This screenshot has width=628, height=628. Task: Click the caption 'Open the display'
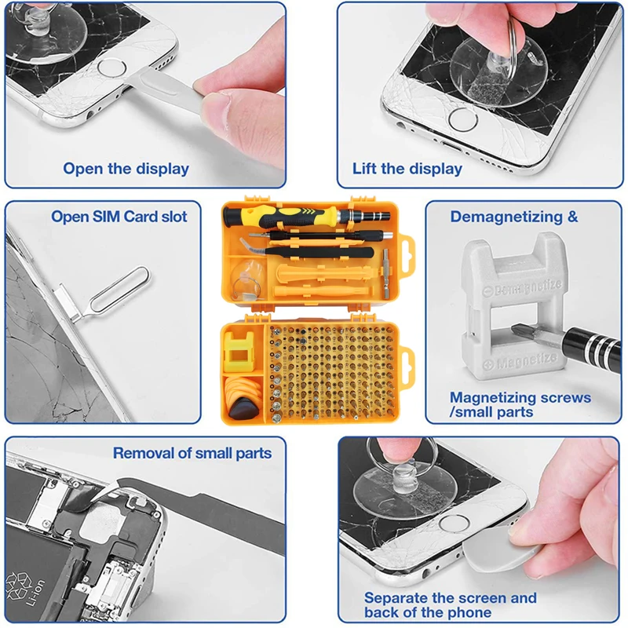pos(126,169)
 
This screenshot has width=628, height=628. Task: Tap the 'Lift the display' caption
pos(407,169)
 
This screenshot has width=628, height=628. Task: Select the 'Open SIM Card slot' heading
pos(119,217)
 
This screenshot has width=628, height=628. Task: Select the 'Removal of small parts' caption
pos(192,453)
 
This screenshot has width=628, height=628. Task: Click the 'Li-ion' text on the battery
pos(36,592)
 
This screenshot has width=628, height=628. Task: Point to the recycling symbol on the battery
pos(16,586)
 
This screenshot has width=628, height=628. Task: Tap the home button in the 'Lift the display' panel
pos(463,120)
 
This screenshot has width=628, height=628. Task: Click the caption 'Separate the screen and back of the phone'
pos(450,604)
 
